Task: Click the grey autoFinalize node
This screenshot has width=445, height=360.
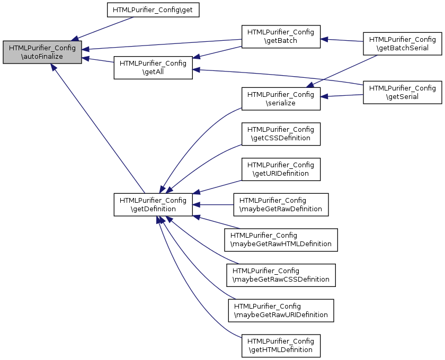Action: [x=42, y=52]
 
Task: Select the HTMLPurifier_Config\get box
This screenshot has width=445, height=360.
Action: [x=153, y=10]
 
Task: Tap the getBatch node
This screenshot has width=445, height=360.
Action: [x=281, y=37]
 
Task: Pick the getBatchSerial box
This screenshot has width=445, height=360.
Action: [x=403, y=44]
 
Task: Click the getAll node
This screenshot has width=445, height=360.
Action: [x=153, y=68]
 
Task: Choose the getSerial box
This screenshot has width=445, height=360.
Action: [x=403, y=93]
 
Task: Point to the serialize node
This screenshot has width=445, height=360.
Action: [x=281, y=98]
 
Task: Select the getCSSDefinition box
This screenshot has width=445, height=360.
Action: [x=281, y=134]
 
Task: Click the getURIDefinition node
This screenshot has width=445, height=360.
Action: [x=281, y=169]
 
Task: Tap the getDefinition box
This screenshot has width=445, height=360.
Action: [x=153, y=205]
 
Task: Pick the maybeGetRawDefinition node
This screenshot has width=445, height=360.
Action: [x=281, y=205]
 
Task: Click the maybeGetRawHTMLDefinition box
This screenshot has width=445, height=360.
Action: [x=281, y=240]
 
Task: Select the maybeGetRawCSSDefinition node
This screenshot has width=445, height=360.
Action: [x=281, y=275]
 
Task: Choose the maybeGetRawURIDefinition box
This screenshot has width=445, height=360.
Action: [x=281, y=311]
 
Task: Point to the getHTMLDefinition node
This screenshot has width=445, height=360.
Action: [x=281, y=346]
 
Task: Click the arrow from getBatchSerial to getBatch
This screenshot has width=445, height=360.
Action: [x=342, y=40]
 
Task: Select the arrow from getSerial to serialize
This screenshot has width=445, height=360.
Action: [x=342, y=96]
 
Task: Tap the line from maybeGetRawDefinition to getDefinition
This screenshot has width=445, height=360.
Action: [x=213, y=205]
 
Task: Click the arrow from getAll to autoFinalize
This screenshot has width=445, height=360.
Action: [x=98, y=60]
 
